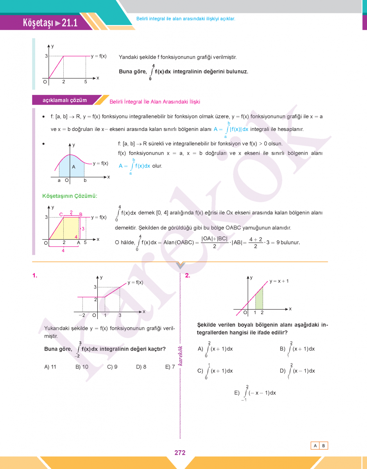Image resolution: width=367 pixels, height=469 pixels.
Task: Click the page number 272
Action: tap(180, 453)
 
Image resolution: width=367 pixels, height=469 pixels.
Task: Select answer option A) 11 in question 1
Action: tap(50, 367)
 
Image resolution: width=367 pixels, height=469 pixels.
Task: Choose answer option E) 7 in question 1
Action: tap(170, 367)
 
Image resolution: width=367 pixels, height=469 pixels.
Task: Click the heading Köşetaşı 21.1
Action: tap(50, 23)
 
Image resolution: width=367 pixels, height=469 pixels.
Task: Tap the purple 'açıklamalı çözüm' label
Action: tap(65, 100)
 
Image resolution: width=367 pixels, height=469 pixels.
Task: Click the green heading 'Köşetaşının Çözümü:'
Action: tap(70, 196)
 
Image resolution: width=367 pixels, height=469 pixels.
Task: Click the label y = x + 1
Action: tap(279, 281)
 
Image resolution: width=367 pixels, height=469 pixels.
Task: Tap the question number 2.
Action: tap(188, 276)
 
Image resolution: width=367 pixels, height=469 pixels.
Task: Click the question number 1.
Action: tap(35, 276)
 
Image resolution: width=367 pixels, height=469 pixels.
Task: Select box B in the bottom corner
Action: tap(324, 446)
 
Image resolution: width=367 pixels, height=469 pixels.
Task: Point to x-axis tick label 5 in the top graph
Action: tap(86, 82)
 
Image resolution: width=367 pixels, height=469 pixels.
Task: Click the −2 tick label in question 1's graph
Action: tap(82, 315)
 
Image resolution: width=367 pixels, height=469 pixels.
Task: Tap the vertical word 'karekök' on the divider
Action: tap(181, 356)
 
